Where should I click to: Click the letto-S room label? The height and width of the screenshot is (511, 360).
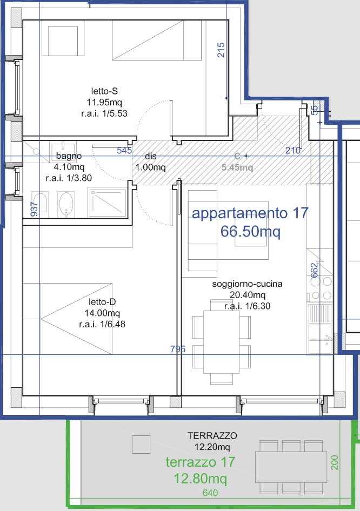tap(104, 91)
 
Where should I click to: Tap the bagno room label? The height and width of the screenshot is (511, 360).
tap(69, 156)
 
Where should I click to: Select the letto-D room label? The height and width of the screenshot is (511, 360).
tap(102, 302)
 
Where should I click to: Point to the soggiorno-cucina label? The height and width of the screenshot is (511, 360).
tap(247, 284)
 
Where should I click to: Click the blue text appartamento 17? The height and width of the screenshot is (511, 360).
tap(250, 213)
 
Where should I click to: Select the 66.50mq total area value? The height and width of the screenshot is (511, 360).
tap(250, 231)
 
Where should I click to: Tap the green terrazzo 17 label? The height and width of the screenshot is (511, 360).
tap(201, 462)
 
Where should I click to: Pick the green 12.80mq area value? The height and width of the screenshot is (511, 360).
tap(201, 479)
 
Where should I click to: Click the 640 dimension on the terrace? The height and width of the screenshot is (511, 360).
tap(210, 493)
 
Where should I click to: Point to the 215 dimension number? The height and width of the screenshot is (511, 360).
tap(221, 50)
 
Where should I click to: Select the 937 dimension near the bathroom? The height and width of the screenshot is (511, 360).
tap(34, 209)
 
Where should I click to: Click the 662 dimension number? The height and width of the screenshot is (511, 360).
tap(314, 271)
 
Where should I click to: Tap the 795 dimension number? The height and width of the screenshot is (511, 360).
tap(178, 349)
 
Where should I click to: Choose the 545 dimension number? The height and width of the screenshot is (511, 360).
tap(124, 150)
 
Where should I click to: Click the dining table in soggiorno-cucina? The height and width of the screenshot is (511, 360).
tap(222, 342)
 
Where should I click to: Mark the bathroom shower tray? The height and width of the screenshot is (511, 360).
tap(107, 203)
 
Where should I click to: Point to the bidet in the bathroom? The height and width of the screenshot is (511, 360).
tap(66, 204)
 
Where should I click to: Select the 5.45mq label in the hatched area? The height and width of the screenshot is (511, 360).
tap(237, 167)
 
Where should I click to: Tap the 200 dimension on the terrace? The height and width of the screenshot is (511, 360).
tap(335, 462)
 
